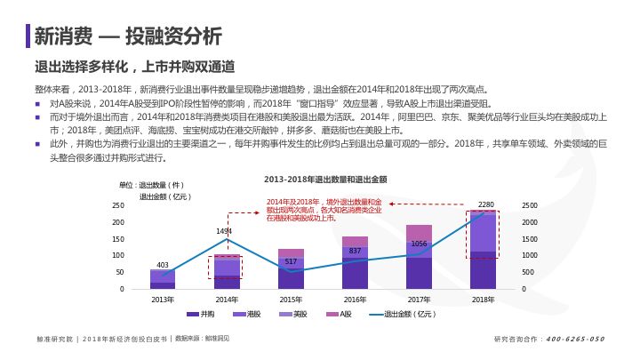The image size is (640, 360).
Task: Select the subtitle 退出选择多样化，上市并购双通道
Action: click(x=134, y=67)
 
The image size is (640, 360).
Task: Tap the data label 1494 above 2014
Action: click(x=225, y=231)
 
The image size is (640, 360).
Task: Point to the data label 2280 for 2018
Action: click(x=486, y=204)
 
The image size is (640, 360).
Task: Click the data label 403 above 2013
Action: click(x=163, y=265)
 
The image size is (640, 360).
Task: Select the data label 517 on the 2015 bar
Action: click(x=291, y=261)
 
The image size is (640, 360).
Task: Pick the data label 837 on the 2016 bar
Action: click(x=355, y=252)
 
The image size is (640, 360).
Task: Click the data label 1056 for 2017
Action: click(x=419, y=244)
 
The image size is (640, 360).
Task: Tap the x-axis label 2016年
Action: click(x=355, y=300)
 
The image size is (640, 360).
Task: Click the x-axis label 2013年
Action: click(x=163, y=300)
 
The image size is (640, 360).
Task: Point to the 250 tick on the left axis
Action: click(x=118, y=205)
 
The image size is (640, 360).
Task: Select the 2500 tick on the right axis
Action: click(x=530, y=205)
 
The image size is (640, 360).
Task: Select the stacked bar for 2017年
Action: click(x=419, y=258)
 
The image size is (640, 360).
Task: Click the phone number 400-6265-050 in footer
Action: click(x=574, y=339)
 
